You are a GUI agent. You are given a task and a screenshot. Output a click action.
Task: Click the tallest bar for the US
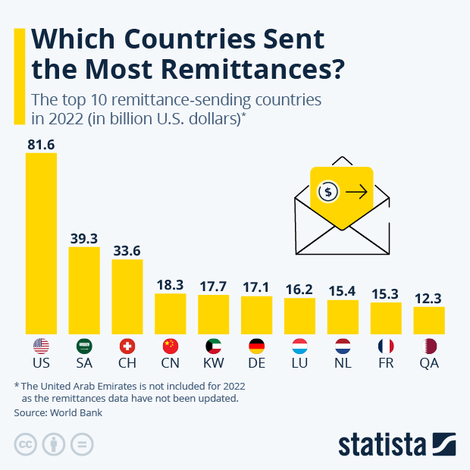[41, 243]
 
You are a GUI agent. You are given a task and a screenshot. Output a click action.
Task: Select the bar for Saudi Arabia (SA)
[84, 290]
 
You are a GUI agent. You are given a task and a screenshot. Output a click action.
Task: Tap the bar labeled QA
[429, 320]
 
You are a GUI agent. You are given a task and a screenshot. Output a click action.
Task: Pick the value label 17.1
[256, 288]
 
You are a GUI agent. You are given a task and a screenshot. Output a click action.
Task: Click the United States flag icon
[41, 346]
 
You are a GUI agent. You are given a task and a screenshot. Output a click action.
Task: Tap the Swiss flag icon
[127, 346]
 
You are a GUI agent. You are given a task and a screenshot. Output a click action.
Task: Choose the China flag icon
[171, 346]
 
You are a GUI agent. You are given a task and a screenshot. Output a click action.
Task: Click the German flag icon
[256, 346]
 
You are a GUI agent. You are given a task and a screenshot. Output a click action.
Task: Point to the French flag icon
[386, 346]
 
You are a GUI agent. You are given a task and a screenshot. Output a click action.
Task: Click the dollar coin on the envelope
[327, 192]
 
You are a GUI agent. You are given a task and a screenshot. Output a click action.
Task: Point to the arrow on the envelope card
[356, 193]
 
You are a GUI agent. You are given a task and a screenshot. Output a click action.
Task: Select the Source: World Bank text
[58, 413]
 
